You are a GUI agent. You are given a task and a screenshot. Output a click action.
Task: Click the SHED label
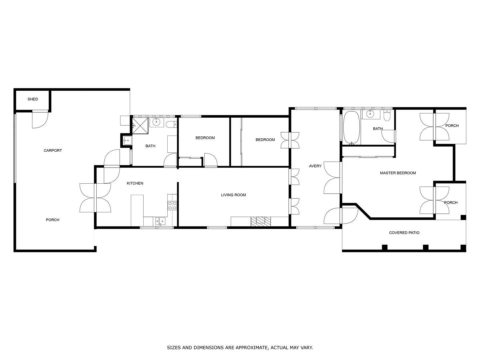(x=33, y=99)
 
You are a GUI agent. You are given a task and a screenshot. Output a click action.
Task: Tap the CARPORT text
(x=53, y=150)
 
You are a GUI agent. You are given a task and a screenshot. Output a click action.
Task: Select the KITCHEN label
(x=135, y=183)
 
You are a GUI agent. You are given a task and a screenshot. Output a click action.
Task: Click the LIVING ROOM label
(x=233, y=195)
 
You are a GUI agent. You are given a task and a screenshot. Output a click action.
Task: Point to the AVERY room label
(x=315, y=166)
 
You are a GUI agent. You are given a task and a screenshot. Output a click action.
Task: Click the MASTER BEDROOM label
(x=398, y=173)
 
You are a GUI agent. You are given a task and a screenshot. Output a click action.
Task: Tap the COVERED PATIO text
(x=404, y=233)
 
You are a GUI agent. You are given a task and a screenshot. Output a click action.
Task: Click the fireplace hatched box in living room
(x=261, y=221)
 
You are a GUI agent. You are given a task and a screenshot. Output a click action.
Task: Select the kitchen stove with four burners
(x=172, y=205)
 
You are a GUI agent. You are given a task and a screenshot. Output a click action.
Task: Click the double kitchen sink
(x=160, y=221)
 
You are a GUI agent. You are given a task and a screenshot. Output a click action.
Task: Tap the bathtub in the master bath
(x=351, y=128)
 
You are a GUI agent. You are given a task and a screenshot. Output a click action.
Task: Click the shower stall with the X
(x=140, y=125)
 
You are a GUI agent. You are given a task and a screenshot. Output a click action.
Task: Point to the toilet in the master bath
(x=387, y=116)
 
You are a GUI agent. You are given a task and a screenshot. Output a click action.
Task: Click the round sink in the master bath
(x=370, y=114)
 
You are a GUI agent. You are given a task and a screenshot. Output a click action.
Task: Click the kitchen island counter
(x=137, y=210)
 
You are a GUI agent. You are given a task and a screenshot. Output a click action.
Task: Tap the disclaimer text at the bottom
(x=240, y=348)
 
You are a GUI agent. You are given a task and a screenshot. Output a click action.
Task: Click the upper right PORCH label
(x=452, y=126)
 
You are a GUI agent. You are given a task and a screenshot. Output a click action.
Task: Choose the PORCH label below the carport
(x=52, y=220)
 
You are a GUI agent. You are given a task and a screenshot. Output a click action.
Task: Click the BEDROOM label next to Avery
(x=265, y=140)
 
